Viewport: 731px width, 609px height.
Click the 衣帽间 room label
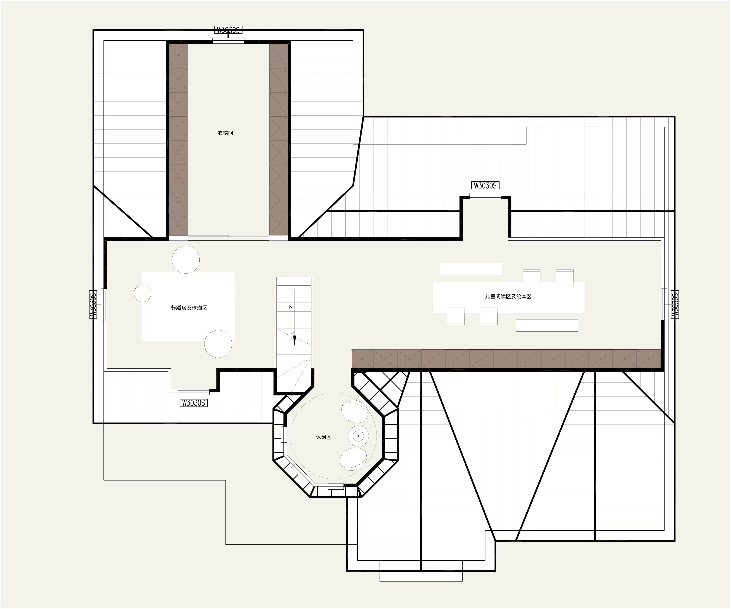(225, 133)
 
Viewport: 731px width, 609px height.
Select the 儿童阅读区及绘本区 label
(508, 297)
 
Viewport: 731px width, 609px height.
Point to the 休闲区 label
(323, 437)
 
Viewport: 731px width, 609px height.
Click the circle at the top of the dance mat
(186, 260)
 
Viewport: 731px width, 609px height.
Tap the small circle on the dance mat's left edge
(143, 293)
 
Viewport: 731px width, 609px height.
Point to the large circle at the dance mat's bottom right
(218, 344)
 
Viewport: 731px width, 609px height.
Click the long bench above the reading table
(471, 269)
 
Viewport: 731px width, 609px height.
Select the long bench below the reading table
(547, 325)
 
